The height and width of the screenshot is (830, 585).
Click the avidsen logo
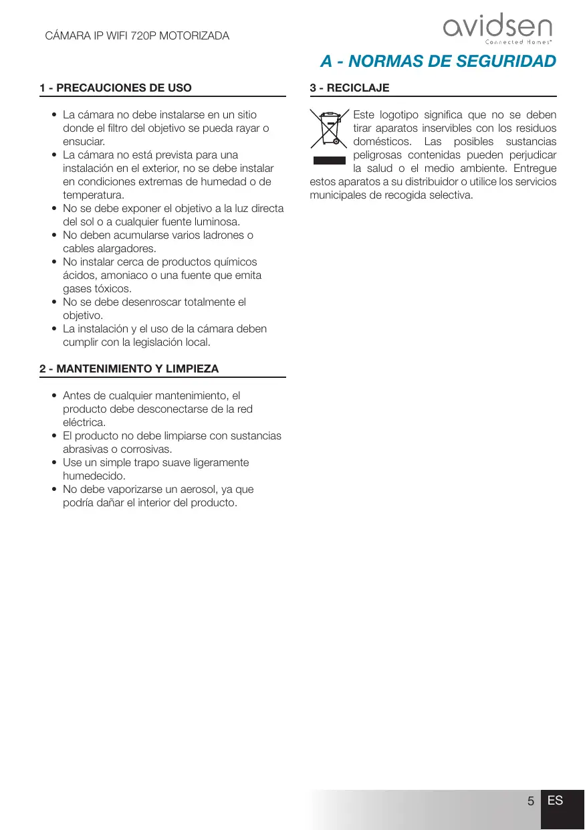pos(497,29)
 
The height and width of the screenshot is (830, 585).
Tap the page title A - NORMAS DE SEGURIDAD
pos(438,62)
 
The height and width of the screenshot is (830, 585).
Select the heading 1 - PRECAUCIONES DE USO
pos(116,88)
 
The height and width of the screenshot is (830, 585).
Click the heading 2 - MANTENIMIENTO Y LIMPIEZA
pos(129,369)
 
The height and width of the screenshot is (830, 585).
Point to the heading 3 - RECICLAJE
pos(350,88)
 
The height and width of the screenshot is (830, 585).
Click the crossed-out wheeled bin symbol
pos(330,128)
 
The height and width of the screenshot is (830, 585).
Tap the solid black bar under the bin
pos(329,161)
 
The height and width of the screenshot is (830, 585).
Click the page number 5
pos(530,801)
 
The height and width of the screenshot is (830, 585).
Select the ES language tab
pos(555,801)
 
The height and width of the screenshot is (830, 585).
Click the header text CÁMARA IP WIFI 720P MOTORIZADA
pos(137,35)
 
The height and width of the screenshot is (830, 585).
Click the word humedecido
pos(94,476)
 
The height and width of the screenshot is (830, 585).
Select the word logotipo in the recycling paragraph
pos(402,115)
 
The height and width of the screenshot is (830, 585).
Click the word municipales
pos(338,195)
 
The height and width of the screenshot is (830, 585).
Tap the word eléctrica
pos(84,423)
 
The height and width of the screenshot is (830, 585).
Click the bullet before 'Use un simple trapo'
pos(54,463)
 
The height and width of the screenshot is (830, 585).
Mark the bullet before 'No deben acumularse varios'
pos(54,235)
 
